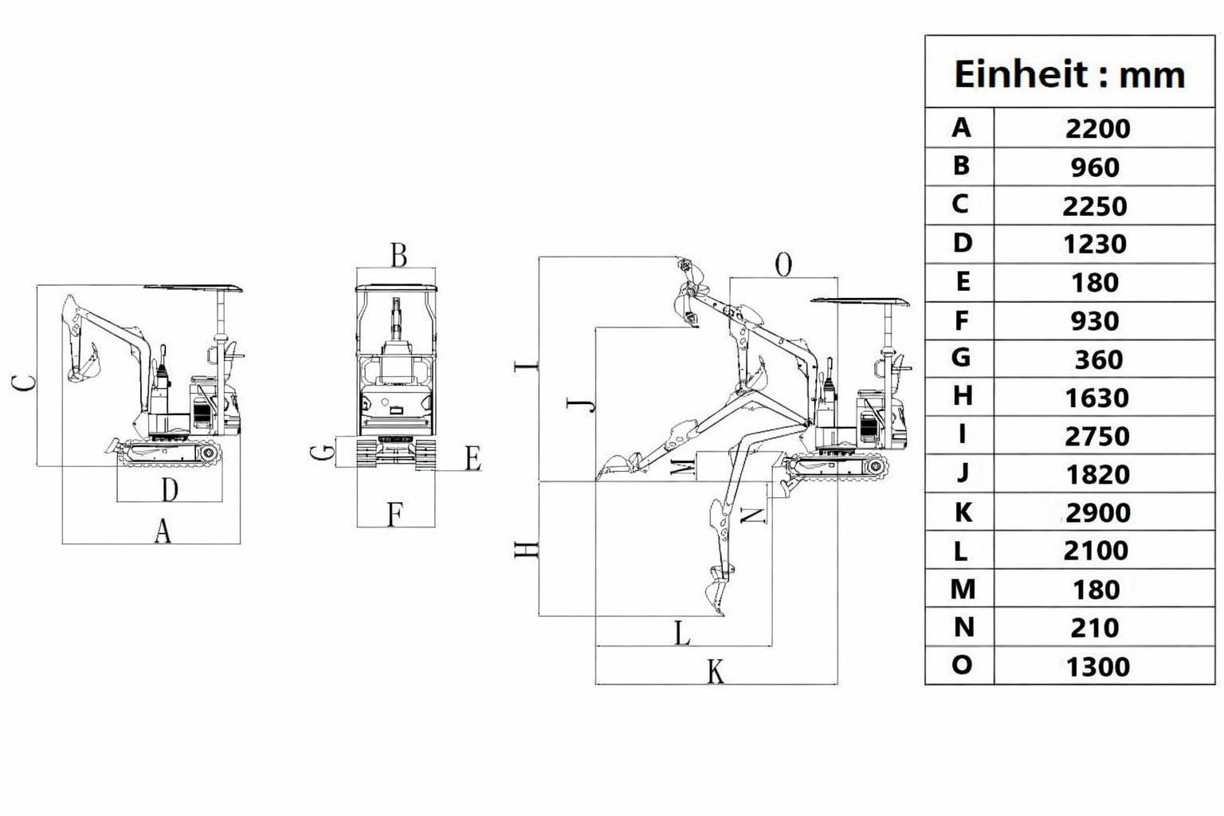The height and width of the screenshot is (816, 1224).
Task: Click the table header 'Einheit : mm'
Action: click(x=1069, y=74)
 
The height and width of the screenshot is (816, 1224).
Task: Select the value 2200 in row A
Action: click(x=1098, y=129)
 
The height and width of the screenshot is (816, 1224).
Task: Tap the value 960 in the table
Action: click(x=1095, y=167)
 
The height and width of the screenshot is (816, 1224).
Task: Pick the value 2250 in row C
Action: click(x=1094, y=206)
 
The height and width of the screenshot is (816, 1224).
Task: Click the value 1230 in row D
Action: click(x=1094, y=244)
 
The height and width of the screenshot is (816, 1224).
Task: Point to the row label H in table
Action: click(x=963, y=395)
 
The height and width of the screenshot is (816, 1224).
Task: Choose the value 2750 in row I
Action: click(x=1096, y=436)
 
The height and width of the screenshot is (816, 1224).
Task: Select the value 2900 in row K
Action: click(x=1098, y=512)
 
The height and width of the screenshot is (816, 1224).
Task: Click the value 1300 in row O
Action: click(x=1098, y=667)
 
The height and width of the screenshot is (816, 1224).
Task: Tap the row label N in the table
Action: click(x=964, y=627)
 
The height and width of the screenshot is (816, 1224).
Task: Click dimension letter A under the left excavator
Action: click(x=163, y=532)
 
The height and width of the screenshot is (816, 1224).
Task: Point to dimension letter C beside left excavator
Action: click(x=23, y=383)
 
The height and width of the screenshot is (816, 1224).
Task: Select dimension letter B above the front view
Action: click(x=399, y=255)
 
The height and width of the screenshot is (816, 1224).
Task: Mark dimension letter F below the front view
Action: click(x=395, y=514)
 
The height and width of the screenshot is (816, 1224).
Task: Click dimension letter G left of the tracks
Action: click(x=323, y=452)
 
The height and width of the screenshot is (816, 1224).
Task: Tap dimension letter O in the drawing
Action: click(x=783, y=265)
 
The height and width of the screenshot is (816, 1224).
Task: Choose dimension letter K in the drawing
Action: click(x=716, y=671)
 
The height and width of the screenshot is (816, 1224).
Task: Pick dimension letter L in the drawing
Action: click(x=682, y=634)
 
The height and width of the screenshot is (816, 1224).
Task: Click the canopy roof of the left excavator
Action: click(x=194, y=288)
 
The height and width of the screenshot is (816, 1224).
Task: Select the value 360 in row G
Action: click(x=1098, y=359)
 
